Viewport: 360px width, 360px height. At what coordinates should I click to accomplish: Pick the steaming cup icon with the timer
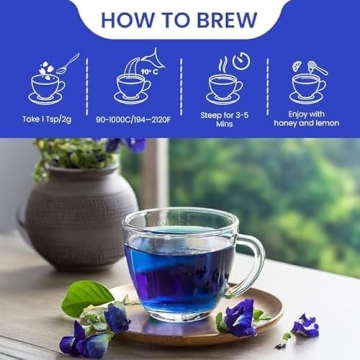[x=224, y=79]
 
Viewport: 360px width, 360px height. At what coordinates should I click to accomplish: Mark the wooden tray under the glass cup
[x=260, y=305]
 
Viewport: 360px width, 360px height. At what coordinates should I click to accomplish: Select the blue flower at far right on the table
[x=305, y=325]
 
